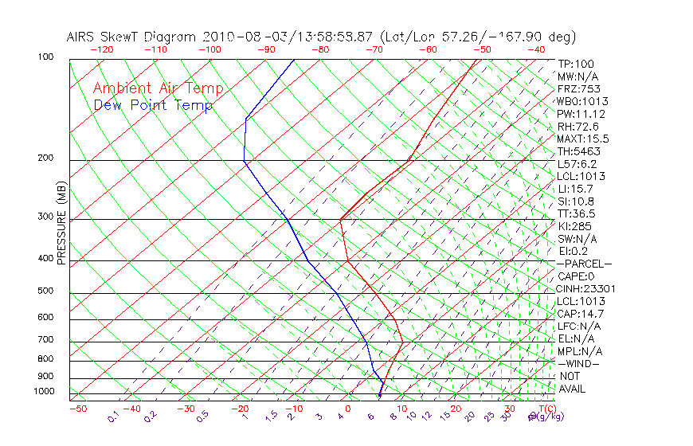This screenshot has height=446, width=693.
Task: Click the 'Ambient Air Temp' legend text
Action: pyautogui.click(x=158, y=88)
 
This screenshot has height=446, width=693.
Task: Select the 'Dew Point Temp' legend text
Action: pyautogui.click(x=152, y=105)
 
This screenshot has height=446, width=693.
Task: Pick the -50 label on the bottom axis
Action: pyautogui.click(x=78, y=409)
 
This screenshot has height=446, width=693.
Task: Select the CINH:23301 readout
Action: pyautogui.click(x=586, y=289)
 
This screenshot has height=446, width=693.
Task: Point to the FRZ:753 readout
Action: pyautogui.click(x=579, y=89)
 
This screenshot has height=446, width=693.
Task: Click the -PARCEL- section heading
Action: pyautogui.click(x=585, y=264)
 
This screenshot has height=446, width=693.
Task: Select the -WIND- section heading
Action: pyautogui.click(x=579, y=363)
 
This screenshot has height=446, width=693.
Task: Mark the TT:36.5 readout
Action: pyautogui.click(x=577, y=214)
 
